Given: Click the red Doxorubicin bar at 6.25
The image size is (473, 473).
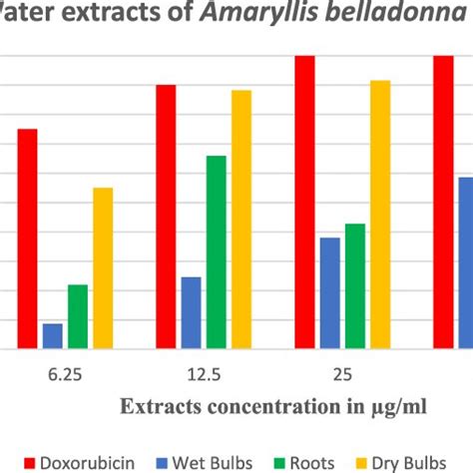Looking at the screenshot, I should pyautogui.click(x=27, y=239).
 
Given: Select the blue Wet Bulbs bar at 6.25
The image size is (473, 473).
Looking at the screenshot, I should pyautogui.click(x=52, y=336).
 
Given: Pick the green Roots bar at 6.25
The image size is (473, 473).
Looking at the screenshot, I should pyautogui.click(x=78, y=317).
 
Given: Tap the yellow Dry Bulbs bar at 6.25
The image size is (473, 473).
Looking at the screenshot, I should pyautogui.click(x=103, y=268).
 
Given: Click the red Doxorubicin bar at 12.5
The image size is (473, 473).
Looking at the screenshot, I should pyautogui.click(x=166, y=218).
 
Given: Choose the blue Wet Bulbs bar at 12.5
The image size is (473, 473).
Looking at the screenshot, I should pyautogui.click(x=191, y=313).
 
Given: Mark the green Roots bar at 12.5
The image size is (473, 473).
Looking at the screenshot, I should pyautogui.click(x=217, y=252).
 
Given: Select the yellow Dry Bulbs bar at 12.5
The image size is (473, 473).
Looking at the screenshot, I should pyautogui.click(x=241, y=220).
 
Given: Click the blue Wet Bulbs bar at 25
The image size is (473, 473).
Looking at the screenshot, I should pyautogui.click(x=329, y=293).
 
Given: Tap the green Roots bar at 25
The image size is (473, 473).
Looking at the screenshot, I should pyautogui.click(x=355, y=286).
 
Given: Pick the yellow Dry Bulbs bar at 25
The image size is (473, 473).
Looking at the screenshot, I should pyautogui.click(x=380, y=215).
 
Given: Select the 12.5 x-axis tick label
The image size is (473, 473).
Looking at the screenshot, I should pyautogui.click(x=204, y=375).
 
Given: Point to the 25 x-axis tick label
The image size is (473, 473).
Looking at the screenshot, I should pyautogui.click(x=342, y=375).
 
